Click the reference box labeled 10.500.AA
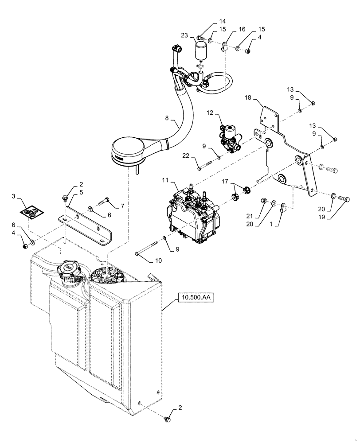click(x=196, y=297)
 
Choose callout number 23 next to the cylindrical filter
click(x=184, y=35)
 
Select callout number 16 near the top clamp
click(x=242, y=29)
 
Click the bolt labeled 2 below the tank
click(x=168, y=417)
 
